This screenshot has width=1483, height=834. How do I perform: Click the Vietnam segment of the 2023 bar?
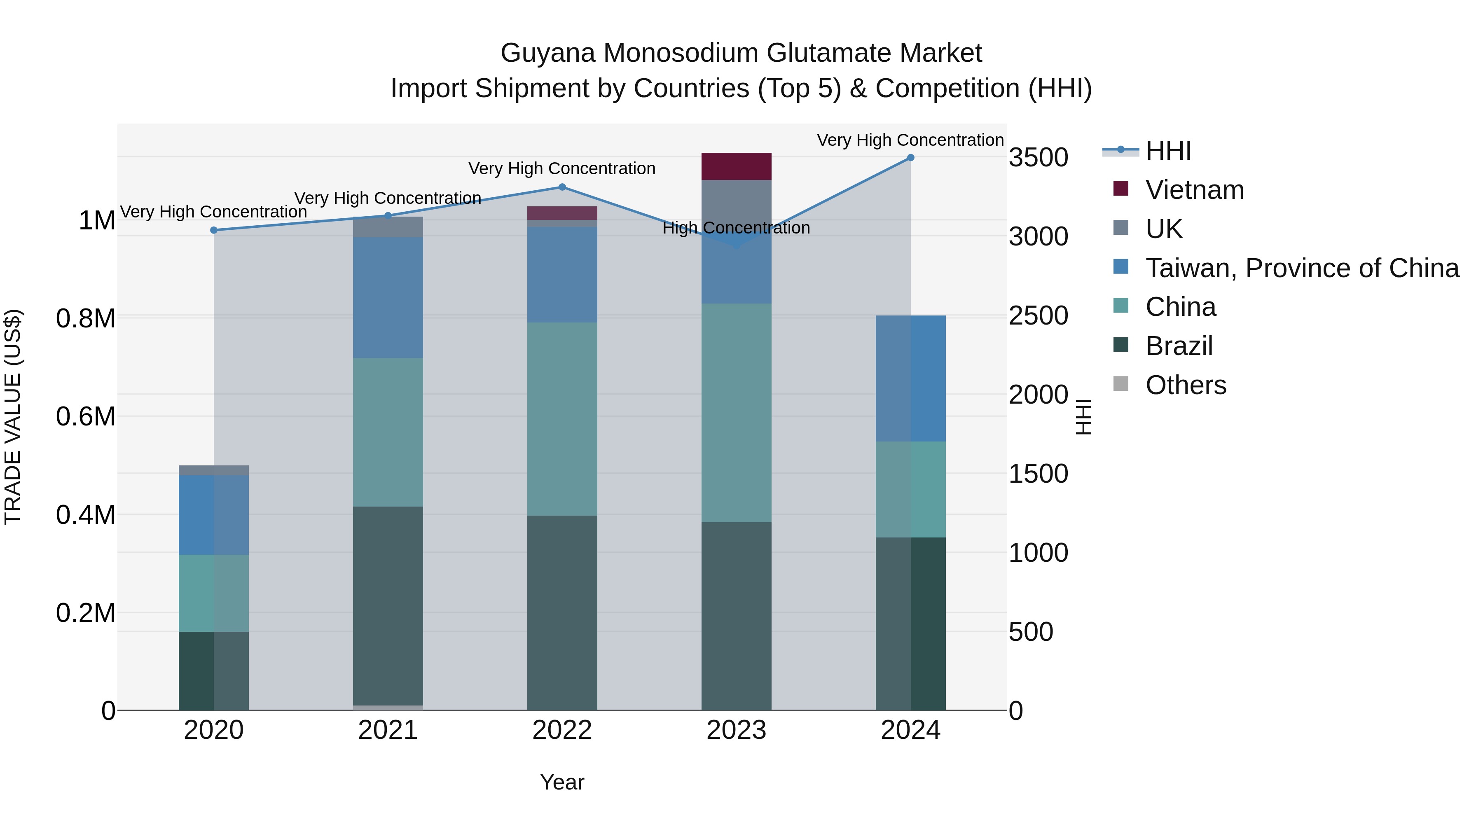736,166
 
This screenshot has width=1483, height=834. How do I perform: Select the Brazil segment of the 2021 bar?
388,605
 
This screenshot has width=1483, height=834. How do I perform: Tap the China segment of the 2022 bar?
562,418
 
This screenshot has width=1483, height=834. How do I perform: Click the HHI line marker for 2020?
213,230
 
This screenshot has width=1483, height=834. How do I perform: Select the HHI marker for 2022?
562,187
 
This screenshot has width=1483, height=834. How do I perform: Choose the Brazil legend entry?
1179,346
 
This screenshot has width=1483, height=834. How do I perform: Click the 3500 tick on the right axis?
1038,157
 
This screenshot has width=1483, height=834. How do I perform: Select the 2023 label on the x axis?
736,730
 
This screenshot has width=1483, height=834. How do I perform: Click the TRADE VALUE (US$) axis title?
13,417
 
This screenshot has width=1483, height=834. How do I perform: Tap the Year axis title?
562,782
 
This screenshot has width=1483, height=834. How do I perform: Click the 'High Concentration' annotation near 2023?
736,228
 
